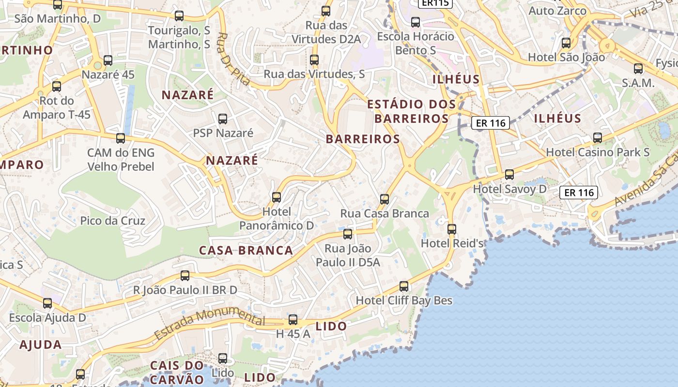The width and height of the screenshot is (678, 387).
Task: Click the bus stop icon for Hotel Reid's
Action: click(452, 229)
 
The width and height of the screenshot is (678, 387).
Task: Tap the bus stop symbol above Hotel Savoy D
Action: click(509, 175)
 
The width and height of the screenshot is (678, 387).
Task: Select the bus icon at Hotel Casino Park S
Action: click(598, 138)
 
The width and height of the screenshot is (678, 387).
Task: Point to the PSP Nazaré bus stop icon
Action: click(223, 119)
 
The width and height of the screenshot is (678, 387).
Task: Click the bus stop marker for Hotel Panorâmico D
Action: click(277, 197)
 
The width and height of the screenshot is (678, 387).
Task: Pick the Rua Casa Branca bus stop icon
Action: click(385, 199)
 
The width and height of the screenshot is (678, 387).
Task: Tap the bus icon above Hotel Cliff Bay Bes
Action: click(404, 286)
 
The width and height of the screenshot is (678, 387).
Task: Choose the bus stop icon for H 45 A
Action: click(293, 319)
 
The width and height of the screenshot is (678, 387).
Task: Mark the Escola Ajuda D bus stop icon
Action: click(47, 303)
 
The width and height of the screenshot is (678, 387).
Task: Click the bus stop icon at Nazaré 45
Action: click(108, 60)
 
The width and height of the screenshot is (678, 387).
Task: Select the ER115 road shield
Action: click(435, 3)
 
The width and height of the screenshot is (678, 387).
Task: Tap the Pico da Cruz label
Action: click(112, 221)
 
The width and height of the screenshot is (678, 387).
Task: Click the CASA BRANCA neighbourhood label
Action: click(246, 250)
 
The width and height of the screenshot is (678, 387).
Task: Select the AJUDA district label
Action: click(41, 345)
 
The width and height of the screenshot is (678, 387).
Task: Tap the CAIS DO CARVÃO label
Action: click(177, 372)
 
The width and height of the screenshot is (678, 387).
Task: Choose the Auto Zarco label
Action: click(557, 11)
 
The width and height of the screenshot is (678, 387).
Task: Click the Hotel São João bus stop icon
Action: click(566, 43)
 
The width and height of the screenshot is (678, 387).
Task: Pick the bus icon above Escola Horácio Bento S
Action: click(416, 22)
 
